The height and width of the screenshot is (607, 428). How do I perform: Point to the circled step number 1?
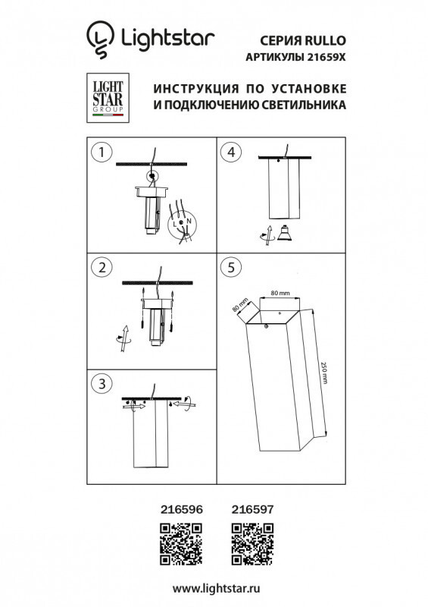point(98,152)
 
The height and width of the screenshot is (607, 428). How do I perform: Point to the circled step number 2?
point(98,267)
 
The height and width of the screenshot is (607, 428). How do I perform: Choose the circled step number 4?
point(230,152)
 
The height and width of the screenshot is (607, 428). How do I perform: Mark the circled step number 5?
point(230,267)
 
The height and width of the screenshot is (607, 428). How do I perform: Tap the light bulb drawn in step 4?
point(284,231)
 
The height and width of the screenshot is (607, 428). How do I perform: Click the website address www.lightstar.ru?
point(214,588)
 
